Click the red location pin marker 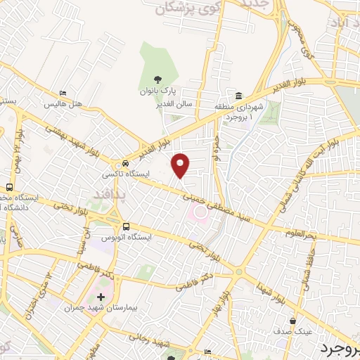[181, 165]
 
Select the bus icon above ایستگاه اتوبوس [127, 226]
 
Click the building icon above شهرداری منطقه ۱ [239, 96]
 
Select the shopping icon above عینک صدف [303, 320]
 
